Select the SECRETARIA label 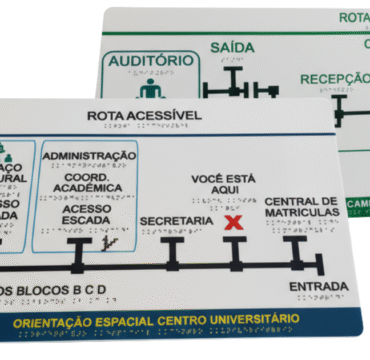click(x=175, y=219)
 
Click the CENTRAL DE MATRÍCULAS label click(x=301, y=206)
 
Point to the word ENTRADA click(x=318, y=287)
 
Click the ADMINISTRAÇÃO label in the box click(x=90, y=155)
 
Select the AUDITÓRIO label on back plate click(x=150, y=60)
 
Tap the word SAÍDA click(x=232, y=47)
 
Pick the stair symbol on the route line click(x=105, y=244)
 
